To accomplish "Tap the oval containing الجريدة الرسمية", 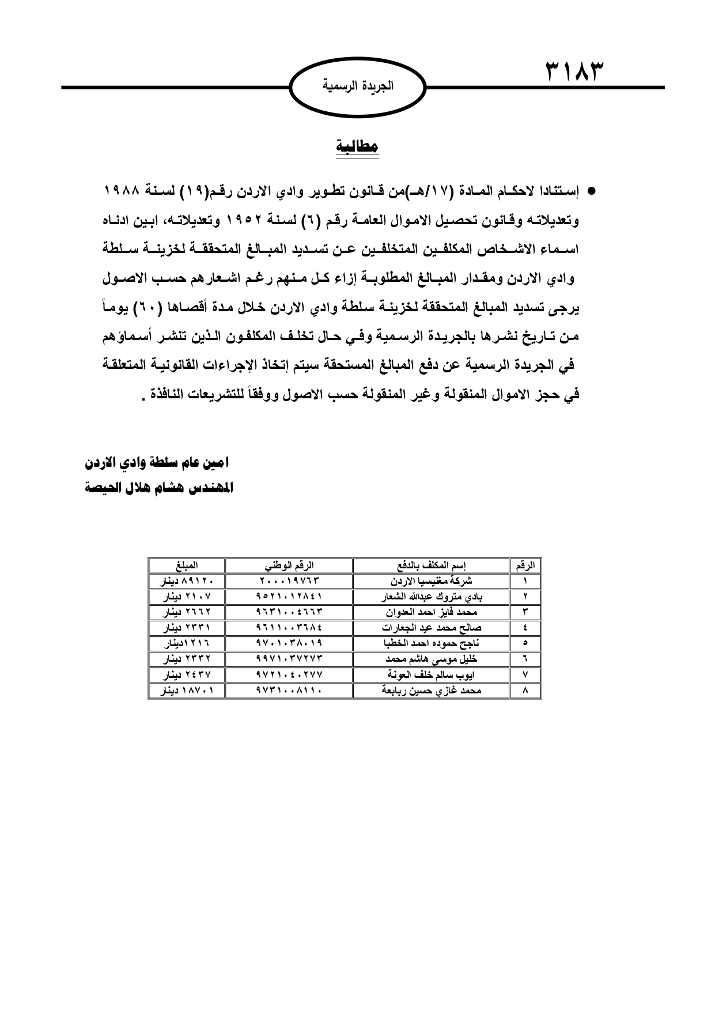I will (x=357, y=87).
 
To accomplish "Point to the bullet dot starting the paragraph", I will (x=591, y=190).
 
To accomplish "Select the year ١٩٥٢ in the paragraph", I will (x=237, y=220).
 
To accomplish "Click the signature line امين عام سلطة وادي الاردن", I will (x=157, y=463).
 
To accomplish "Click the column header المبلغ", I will (x=186, y=565).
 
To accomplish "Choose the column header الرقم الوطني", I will (x=289, y=565).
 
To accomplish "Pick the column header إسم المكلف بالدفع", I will (x=430, y=565).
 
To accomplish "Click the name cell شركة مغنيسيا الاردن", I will (x=430, y=581).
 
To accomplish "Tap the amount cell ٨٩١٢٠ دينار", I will (x=186, y=581).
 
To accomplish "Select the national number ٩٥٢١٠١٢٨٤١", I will (x=289, y=597).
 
